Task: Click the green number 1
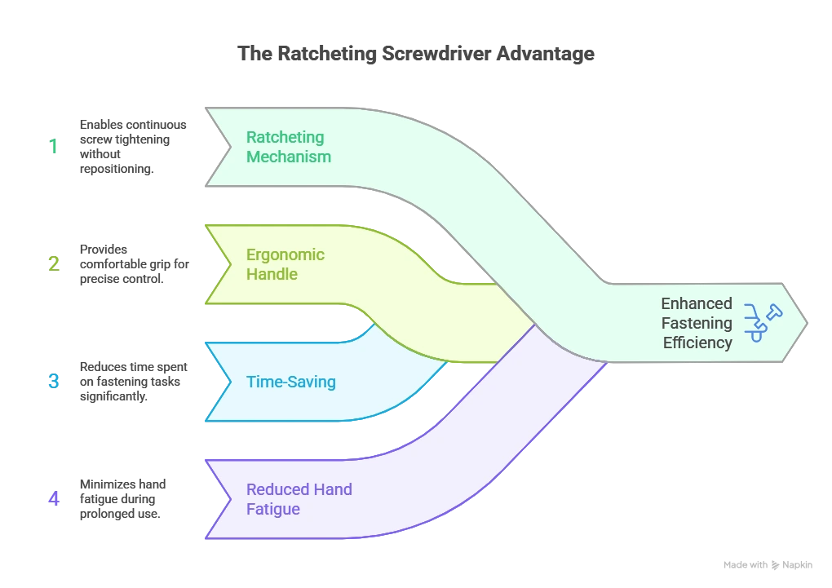tap(54, 148)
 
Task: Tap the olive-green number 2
tap(53, 263)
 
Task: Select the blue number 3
tap(53, 381)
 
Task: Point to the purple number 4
tap(54, 498)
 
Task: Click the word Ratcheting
tap(285, 137)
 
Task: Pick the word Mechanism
tap(289, 157)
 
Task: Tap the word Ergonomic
tap(285, 254)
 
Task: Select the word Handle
tap(272, 274)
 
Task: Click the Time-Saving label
tap(290, 382)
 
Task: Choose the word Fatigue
tap(273, 509)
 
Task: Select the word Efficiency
tap(697, 343)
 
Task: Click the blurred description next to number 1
tap(133, 147)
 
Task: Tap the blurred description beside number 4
tap(124, 498)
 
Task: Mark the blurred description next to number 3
tap(133, 381)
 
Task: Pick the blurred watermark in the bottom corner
tap(769, 565)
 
